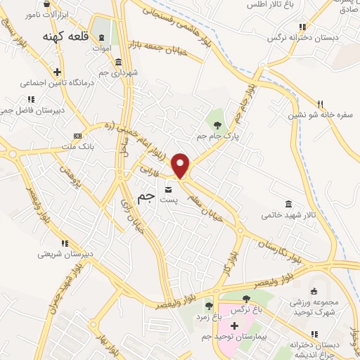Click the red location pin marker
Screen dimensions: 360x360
tap(181, 165)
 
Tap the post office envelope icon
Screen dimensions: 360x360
tap(169, 189)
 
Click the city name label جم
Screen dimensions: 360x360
tap(145, 199)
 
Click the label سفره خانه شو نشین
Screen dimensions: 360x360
tap(319, 117)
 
